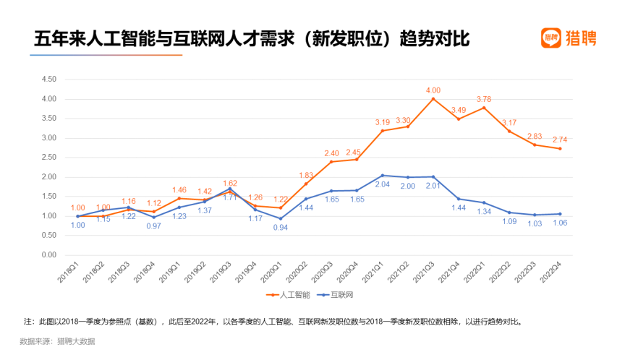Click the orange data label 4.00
pyautogui.click(x=433, y=90)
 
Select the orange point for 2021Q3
pyautogui.click(x=433, y=99)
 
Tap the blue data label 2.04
pyautogui.click(x=382, y=184)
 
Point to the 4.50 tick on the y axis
pyautogui.click(x=49, y=79)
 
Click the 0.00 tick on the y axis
pyautogui.click(x=49, y=255)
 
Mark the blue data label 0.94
pyautogui.click(x=281, y=228)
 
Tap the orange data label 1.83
pyautogui.click(x=306, y=175)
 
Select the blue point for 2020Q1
pyautogui.click(x=281, y=218)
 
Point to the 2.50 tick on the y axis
pyautogui.click(x=49, y=158)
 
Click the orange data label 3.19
pyautogui.click(x=382, y=122)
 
